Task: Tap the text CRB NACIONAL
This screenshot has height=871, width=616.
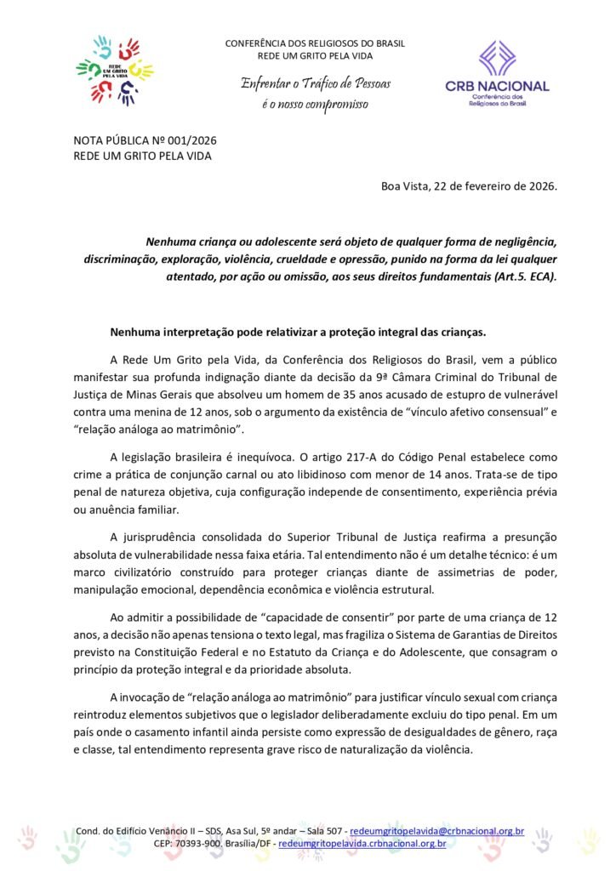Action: [497, 86]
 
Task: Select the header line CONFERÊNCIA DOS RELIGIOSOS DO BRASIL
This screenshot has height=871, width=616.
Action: [315, 43]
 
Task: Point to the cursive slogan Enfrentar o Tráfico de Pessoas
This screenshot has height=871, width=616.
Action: [314, 83]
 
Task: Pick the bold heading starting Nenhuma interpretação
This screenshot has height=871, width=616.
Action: [310, 330]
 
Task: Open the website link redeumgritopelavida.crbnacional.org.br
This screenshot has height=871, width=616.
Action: [362, 843]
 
